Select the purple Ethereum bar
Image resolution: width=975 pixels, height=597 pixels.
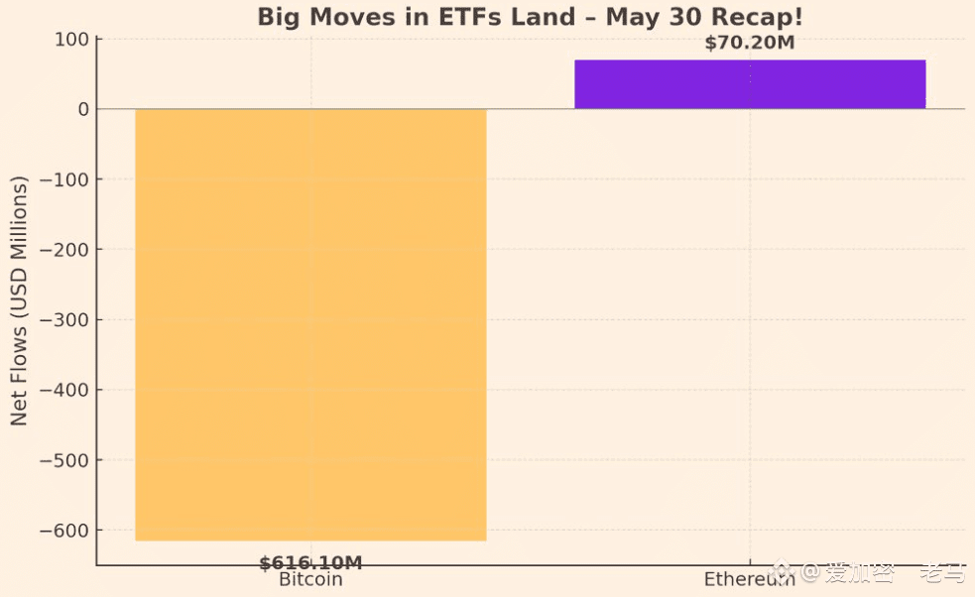click(x=750, y=84)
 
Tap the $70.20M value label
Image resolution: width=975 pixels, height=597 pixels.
click(x=750, y=43)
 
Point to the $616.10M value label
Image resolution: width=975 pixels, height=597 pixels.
click(x=310, y=563)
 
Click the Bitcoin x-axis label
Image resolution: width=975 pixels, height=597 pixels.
click(x=310, y=580)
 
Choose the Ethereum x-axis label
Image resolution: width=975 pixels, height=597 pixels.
click(x=749, y=580)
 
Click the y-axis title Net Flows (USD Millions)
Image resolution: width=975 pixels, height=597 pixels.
click(x=20, y=300)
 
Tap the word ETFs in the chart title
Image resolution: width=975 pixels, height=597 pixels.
click(x=463, y=17)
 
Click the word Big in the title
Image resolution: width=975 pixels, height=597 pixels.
click(x=279, y=17)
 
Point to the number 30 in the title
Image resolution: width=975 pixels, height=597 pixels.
click(x=674, y=17)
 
